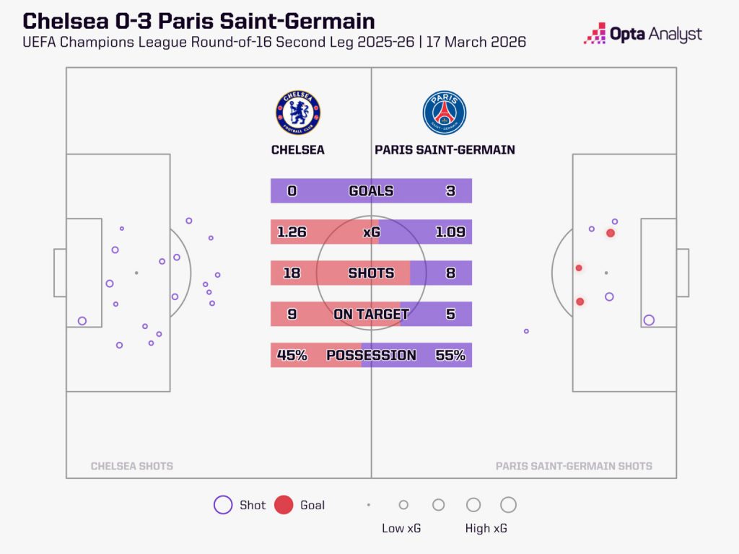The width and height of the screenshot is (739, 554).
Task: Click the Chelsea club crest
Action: tap(298, 113)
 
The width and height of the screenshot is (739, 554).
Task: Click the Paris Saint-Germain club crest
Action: tap(445, 113)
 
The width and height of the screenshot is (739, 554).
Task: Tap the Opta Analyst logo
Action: tap(643, 33)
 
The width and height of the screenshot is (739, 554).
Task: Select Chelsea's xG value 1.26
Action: tap(292, 232)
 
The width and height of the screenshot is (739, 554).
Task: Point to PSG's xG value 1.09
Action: tap(450, 232)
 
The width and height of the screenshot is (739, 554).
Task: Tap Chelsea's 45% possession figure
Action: tap(292, 356)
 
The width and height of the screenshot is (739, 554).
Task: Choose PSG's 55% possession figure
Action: tap(450, 356)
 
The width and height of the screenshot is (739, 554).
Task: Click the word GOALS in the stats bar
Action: tap(371, 191)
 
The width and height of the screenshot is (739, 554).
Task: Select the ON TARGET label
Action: tap(371, 315)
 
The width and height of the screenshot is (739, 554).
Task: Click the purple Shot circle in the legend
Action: tap(223, 505)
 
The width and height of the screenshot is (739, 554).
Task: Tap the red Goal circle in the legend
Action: tap(284, 505)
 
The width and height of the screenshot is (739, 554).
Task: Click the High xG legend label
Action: tap(486, 529)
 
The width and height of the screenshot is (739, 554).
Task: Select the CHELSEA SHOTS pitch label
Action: tap(132, 466)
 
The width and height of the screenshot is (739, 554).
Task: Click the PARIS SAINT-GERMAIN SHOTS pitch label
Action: tap(574, 466)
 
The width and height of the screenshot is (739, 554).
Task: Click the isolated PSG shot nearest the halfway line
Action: tap(526, 331)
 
